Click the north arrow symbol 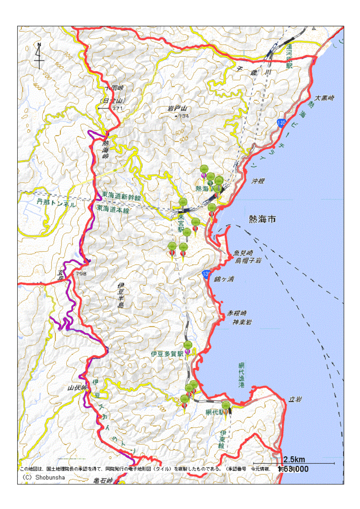(x=39, y=56)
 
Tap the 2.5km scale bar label (x=295, y=459)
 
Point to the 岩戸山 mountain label (x=177, y=108)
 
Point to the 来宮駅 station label (x=181, y=222)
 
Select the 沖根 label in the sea (x=258, y=181)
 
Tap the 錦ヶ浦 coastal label (x=224, y=279)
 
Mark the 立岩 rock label (x=295, y=399)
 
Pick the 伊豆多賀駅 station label (x=167, y=353)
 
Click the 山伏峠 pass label (x=76, y=387)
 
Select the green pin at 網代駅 (x=226, y=406)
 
